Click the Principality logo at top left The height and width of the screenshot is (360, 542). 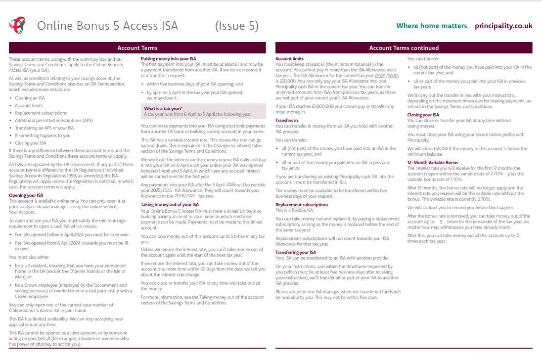[17, 25]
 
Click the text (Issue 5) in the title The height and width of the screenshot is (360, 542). [236, 26]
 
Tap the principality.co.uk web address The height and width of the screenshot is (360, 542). [503, 26]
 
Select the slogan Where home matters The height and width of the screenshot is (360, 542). [431, 26]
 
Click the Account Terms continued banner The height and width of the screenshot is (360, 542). [404, 48]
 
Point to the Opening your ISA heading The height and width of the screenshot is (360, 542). [26, 195]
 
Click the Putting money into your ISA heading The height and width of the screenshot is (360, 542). [168, 58]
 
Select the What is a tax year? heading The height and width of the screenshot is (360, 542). [163, 108]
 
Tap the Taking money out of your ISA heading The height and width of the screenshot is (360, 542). [170, 204]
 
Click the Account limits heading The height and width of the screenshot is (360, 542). [289, 58]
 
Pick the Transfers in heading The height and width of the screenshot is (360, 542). [286, 120]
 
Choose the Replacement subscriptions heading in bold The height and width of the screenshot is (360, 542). [302, 204]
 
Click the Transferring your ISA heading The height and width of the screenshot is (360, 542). [296, 252]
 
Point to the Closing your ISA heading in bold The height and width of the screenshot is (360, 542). [423, 115]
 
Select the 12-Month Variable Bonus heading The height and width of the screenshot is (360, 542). [433, 162]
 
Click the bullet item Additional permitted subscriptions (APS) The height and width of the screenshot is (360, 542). [54, 120]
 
